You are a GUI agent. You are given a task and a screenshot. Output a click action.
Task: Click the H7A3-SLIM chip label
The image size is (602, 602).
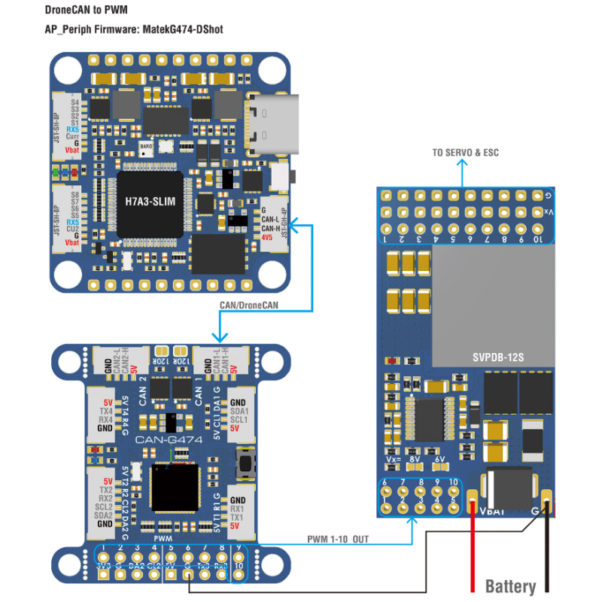[x=149, y=202]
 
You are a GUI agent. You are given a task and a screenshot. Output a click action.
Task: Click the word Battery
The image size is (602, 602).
[x=510, y=586]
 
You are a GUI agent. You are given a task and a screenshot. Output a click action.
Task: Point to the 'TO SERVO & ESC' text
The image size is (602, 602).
[x=465, y=153]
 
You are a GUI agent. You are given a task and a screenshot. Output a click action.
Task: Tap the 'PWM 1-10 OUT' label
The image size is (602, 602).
[x=338, y=540]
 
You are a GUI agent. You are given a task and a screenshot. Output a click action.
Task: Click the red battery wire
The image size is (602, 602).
[x=473, y=549]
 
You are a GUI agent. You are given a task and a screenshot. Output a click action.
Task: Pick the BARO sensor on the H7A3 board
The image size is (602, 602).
[x=147, y=147]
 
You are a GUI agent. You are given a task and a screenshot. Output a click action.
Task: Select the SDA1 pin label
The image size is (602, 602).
[x=239, y=412]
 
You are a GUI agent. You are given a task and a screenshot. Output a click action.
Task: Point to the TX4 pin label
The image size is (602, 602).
[x=105, y=412]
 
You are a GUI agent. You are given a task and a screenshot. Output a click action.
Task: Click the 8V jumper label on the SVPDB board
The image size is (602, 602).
[x=415, y=458]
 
